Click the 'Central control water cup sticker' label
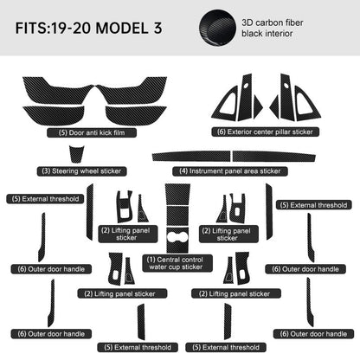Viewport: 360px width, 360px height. [174, 263]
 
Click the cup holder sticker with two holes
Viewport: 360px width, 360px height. [178, 239]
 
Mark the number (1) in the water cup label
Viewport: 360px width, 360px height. [151, 259]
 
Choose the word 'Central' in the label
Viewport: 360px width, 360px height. [170, 259]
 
